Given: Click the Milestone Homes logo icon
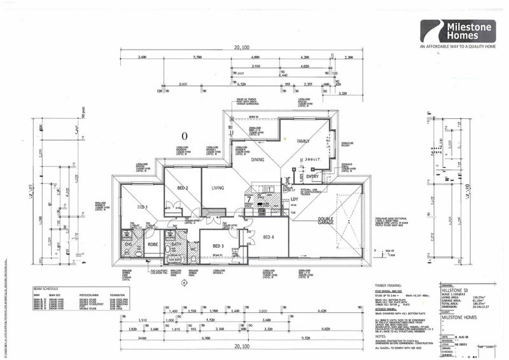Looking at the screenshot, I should click(431, 31).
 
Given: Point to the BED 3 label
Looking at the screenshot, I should click(219, 246).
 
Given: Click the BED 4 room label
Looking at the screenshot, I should click(269, 238).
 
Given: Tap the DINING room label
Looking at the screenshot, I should click(256, 161).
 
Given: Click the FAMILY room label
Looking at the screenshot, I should click(303, 141).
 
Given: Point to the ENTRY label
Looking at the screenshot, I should click(312, 177).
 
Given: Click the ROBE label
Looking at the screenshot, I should click(153, 244).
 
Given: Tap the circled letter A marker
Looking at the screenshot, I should click(185, 282).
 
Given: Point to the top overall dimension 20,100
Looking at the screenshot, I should click(242, 47).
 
